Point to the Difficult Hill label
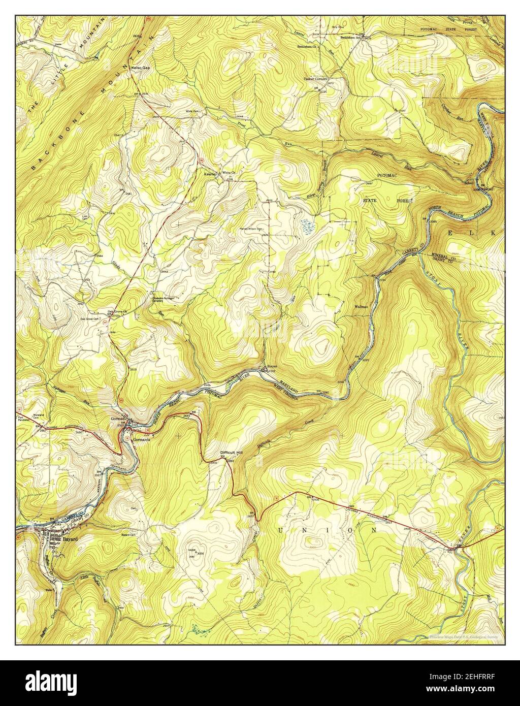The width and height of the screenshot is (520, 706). [233, 452]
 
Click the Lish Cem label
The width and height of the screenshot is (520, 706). [85, 217]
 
